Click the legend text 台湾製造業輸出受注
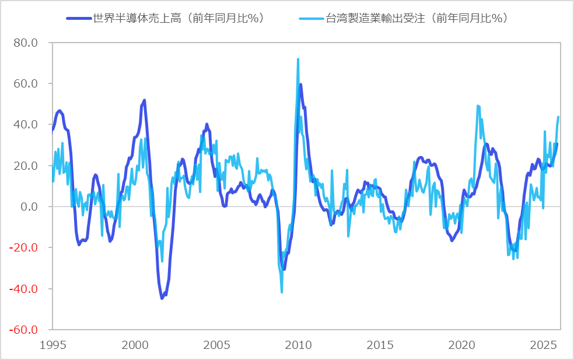coord(415,18)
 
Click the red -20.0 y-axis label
coord(24,247)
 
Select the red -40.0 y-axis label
coord(24,289)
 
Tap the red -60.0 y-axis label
coord(24,330)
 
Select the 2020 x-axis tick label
coord(464,344)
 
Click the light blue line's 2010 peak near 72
coord(298,59)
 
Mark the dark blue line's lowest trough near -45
coord(162,298)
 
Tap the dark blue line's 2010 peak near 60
coord(301,85)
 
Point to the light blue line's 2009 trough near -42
coord(282,292)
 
